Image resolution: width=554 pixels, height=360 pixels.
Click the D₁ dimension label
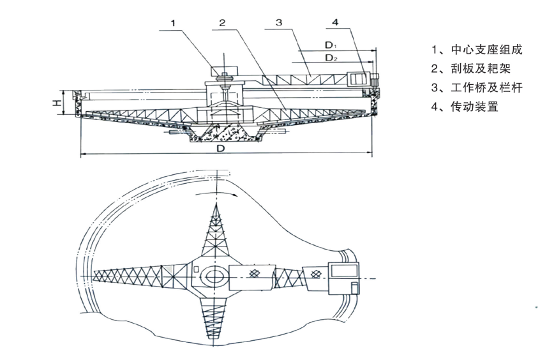coord(330,45)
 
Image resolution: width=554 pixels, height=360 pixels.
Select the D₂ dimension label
coord(331,58)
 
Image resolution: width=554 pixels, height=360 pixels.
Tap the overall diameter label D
coord(220,149)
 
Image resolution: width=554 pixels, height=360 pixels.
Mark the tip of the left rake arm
coord(96,276)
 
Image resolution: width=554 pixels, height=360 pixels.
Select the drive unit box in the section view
coord(357,79)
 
